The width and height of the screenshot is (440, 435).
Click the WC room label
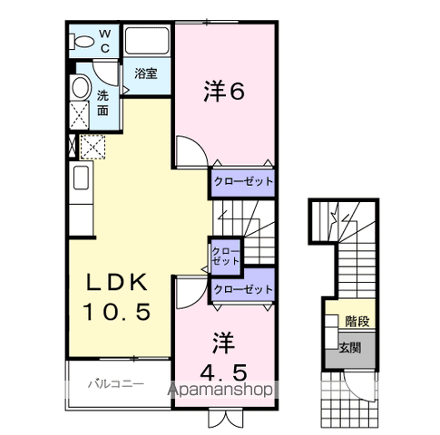(x=105, y=41)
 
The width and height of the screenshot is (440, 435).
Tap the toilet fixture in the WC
(x=84, y=41)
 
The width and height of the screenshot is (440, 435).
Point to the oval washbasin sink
(x=80, y=90)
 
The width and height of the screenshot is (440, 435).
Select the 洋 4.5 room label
(x=224, y=357)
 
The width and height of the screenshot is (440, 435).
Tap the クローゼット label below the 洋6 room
(x=242, y=182)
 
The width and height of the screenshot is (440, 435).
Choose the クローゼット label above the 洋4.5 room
(x=242, y=288)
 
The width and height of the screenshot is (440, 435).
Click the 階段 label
(x=356, y=321)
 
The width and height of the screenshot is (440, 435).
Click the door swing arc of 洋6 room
(x=190, y=150)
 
